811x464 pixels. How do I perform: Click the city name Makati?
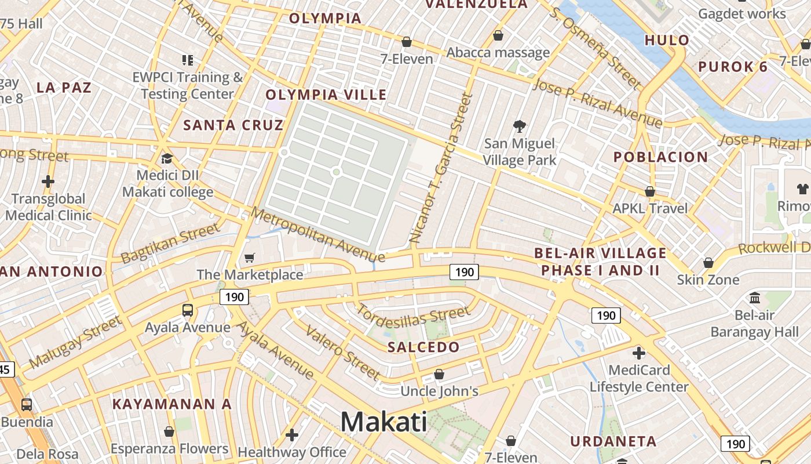click(383, 422)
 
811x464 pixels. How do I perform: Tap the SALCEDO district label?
click(423, 347)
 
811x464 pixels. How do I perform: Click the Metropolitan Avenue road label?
click(318, 234)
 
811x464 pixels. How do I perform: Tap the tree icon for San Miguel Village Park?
click(520, 126)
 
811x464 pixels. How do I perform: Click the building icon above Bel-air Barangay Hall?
click(755, 298)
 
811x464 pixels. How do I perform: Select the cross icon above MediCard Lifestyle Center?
click(639, 353)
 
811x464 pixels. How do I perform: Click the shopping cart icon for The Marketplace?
click(250, 257)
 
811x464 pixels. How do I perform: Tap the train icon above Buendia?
click(27, 404)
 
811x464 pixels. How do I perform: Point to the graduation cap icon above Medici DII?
click(167, 158)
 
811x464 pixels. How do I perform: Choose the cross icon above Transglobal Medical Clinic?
click(48, 182)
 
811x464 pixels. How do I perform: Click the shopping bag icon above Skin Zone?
click(708, 263)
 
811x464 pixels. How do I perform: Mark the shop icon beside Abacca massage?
click(498, 36)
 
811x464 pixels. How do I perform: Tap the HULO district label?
click(667, 40)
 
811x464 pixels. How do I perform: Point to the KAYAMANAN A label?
click(172, 404)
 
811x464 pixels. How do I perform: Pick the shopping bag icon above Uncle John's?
click(439, 374)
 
